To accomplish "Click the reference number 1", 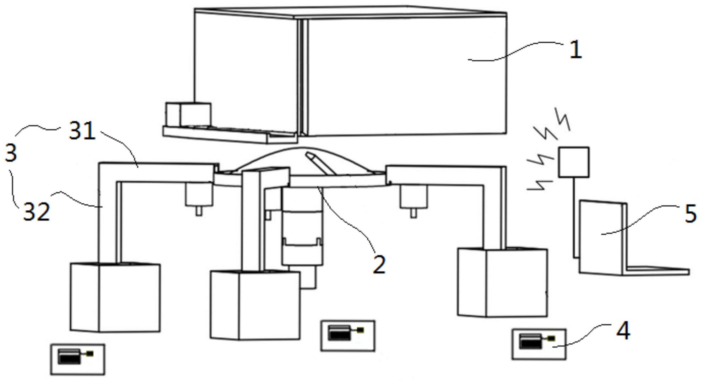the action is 576,50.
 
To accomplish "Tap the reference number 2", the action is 379,264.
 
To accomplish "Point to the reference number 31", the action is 82,131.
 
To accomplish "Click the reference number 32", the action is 37,212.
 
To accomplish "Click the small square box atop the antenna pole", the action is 573,162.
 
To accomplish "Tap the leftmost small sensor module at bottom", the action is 78,359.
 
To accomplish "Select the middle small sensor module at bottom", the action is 348,336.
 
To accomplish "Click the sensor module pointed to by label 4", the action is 539,344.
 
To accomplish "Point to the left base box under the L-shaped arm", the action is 115,297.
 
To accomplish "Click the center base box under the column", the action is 255,305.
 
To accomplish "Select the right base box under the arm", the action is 502,282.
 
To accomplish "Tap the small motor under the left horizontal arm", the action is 199,198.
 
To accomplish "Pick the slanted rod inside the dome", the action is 321,164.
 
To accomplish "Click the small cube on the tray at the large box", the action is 188,115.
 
